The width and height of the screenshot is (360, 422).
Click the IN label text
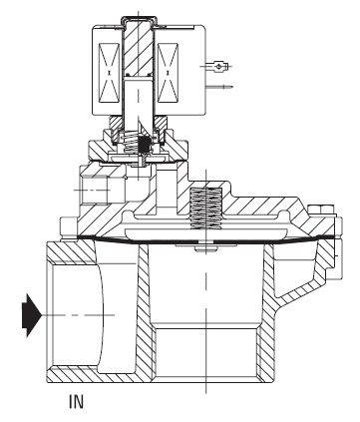[x=76, y=401]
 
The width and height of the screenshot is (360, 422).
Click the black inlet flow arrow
[x=32, y=315]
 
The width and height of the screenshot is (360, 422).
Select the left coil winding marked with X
[x=110, y=73]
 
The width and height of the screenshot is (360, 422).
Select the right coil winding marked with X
[x=168, y=73]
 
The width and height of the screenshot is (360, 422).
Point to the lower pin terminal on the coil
[x=219, y=87]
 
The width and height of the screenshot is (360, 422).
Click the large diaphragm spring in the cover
[x=205, y=209]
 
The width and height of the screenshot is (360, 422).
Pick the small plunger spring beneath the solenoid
[x=131, y=143]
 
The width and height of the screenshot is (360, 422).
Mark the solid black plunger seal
[x=145, y=144]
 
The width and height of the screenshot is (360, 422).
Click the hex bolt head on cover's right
[x=320, y=210]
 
